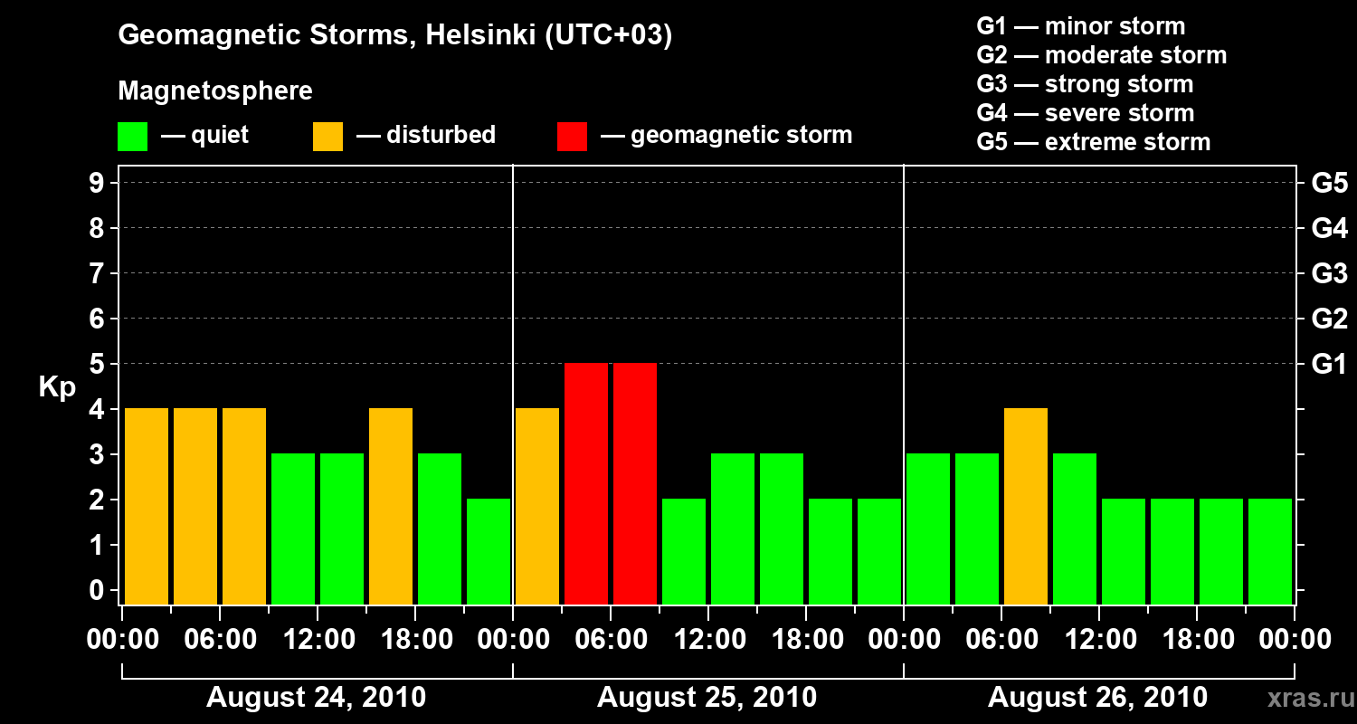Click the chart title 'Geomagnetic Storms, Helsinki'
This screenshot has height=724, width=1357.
point(395,36)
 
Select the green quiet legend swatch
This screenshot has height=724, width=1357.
point(132,137)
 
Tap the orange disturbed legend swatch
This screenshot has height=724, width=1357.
point(327,137)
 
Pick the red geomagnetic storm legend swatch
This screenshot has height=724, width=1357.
point(572,137)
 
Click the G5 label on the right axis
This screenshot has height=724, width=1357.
point(1329,184)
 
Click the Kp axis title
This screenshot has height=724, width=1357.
point(57,387)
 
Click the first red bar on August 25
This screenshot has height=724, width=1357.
point(586,484)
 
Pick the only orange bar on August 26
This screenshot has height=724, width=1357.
point(1026,507)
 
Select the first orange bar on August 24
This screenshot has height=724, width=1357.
point(147,507)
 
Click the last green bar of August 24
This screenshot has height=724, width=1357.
point(489,552)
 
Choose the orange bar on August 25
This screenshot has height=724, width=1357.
point(537,507)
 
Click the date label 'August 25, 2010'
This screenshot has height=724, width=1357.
point(707,698)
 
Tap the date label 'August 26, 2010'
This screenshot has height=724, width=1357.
point(1097,698)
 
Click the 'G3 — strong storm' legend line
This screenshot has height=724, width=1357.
point(1085,84)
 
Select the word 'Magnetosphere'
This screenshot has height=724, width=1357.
point(215,91)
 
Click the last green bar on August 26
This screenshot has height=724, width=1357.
point(1270,552)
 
